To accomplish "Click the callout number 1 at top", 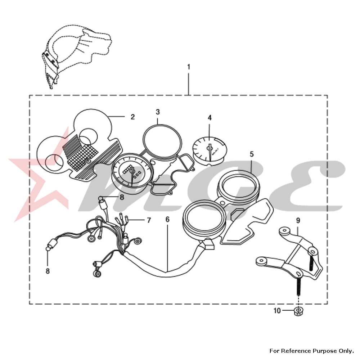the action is click(189, 67).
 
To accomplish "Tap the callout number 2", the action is click(133, 117).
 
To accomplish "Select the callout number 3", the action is click(158, 112).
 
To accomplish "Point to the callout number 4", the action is click(210, 118).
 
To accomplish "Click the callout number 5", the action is click(252, 154).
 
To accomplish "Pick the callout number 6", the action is click(167, 220).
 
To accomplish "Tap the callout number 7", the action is click(149, 220).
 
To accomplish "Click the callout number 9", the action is click(298, 221).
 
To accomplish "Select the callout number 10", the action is click(277, 311).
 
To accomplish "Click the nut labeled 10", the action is click(298, 311).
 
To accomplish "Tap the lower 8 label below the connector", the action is click(48, 271).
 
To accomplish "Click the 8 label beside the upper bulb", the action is click(122, 197).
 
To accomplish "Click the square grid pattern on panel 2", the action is click(83, 156).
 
